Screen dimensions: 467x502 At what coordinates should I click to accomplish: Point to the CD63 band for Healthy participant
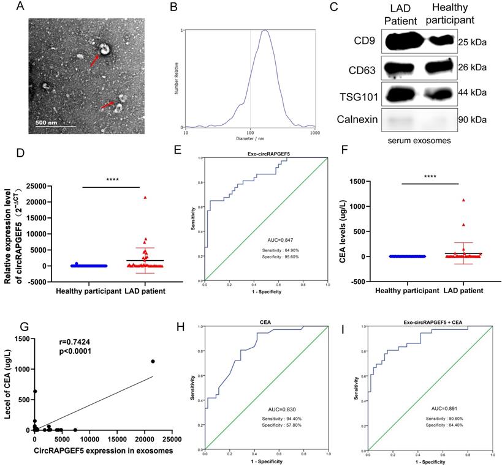(x=439, y=66)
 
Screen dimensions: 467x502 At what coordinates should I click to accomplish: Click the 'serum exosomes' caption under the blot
(x=420, y=140)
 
